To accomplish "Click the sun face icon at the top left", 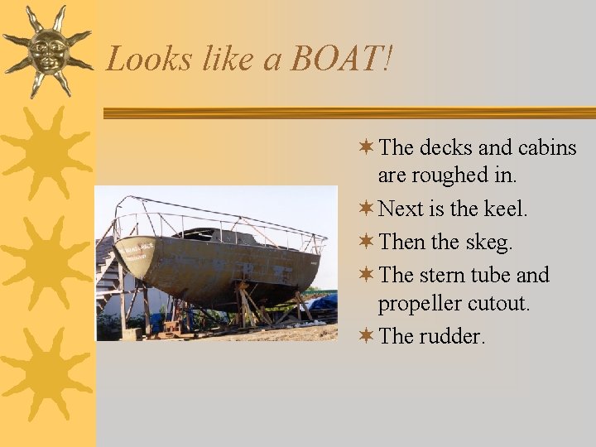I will pyautogui.click(x=47, y=49).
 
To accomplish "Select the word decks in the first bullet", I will pyautogui.click(x=446, y=148).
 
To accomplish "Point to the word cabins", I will pyautogui.click(x=546, y=148).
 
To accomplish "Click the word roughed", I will pyautogui.click(x=445, y=175).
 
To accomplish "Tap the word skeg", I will pyautogui.click(x=488, y=243).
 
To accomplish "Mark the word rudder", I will pyautogui.click(x=452, y=336).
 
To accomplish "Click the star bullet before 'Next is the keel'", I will pyautogui.click(x=366, y=209).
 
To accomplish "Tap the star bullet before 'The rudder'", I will pyautogui.click(x=366, y=335).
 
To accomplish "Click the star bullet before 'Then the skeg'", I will pyautogui.click(x=366, y=242).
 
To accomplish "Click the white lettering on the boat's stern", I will pyautogui.click(x=136, y=246).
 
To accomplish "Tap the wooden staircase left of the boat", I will pyautogui.click(x=105, y=265).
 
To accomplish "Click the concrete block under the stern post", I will pyautogui.click(x=132, y=334).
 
